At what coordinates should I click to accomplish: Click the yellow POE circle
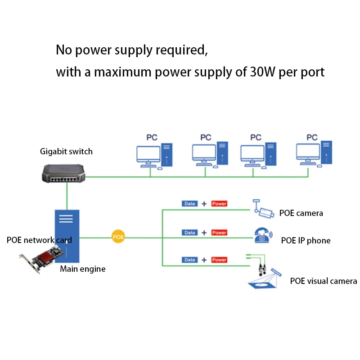coord(118,237)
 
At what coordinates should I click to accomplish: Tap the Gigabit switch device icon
coord(63,174)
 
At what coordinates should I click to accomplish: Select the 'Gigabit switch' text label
coord(66,152)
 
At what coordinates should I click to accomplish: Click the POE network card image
coord(42,259)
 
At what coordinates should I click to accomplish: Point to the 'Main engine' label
coord(83,269)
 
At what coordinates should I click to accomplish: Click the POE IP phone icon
coord(263,235)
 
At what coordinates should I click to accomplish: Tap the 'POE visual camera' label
coord(324,281)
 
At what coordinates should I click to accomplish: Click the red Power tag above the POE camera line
coord(219,204)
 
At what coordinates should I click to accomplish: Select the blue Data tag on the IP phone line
coord(189,233)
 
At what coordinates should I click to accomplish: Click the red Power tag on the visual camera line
coord(219,260)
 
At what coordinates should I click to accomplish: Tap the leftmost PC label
coord(152,137)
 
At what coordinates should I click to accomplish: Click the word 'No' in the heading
coord(64,49)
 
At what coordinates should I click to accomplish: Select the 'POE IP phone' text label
coord(306,241)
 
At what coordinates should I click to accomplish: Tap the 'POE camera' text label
coord(301,213)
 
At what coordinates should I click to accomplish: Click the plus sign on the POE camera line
coord(204,204)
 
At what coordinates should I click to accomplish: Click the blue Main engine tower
coord(67,236)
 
